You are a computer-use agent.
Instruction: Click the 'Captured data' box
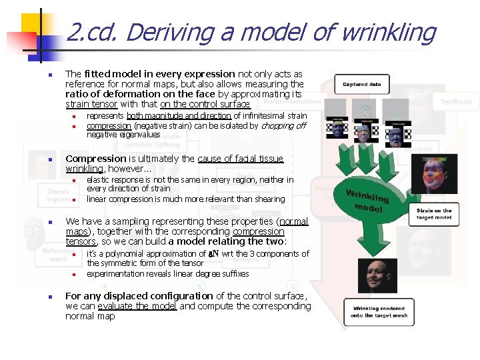pos(362,85)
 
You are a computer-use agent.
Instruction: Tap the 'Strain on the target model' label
pos(434,214)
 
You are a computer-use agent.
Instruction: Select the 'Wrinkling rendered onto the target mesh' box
pos(379,311)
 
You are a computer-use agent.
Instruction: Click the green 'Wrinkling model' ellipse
pos(368,199)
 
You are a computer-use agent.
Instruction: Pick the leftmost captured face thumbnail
pos(339,129)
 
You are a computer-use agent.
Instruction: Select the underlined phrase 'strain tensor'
pos(91,104)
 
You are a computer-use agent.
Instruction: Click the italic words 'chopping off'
pos(283,125)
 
